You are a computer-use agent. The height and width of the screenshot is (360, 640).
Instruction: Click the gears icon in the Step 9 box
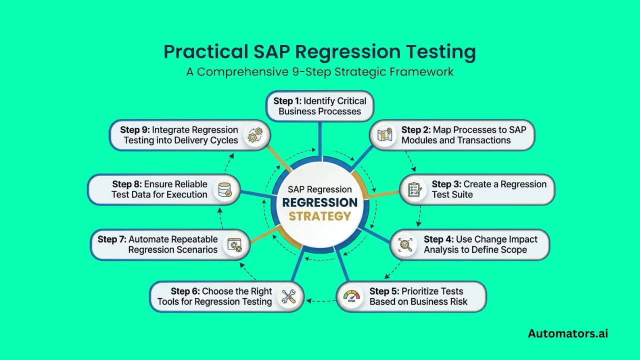tap(254, 135)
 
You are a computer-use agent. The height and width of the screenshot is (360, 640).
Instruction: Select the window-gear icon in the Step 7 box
tap(234, 244)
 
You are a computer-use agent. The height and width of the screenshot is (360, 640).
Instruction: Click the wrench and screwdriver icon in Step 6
tap(288, 296)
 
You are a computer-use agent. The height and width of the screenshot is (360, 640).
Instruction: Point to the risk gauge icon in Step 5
tap(352, 296)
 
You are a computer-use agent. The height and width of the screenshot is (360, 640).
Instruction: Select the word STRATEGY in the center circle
tap(320, 216)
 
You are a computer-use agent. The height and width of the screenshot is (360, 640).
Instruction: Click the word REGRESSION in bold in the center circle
tap(320, 203)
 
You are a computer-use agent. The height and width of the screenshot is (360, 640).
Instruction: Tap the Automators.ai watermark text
tap(568, 333)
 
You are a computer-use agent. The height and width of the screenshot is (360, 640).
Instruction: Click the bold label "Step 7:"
tap(112, 239)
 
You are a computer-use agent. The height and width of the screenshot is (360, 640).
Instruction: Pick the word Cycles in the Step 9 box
tap(224, 140)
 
